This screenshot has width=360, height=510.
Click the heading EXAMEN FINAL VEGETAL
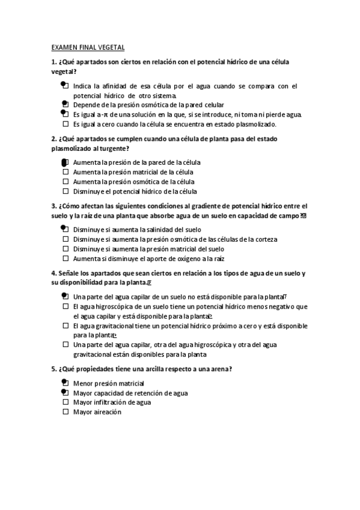pos(88,47)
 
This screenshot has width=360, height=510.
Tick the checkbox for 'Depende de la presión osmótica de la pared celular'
pos(66,105)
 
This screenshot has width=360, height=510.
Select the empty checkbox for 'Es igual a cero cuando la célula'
pos(66,124)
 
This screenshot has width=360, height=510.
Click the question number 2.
pos(53,139)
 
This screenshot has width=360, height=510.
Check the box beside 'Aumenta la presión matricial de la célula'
pos(66,172)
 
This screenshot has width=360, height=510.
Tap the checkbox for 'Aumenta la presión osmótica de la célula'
pos(66,182)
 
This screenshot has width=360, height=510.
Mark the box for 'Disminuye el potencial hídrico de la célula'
pos(66,191)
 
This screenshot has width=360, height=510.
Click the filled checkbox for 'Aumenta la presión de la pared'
pos(66,162)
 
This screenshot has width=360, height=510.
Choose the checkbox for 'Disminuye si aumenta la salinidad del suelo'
pos(66,229)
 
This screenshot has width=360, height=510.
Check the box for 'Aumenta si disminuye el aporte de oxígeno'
pos(66,258)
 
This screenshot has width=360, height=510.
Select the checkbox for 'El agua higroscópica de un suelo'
pos(66,306)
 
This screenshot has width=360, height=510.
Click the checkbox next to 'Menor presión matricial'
pos(66,382)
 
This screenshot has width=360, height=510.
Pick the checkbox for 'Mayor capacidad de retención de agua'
pos(66,392)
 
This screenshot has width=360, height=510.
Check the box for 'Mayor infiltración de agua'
pos(66,402)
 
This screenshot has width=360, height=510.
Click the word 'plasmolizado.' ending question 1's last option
pos(256,124)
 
